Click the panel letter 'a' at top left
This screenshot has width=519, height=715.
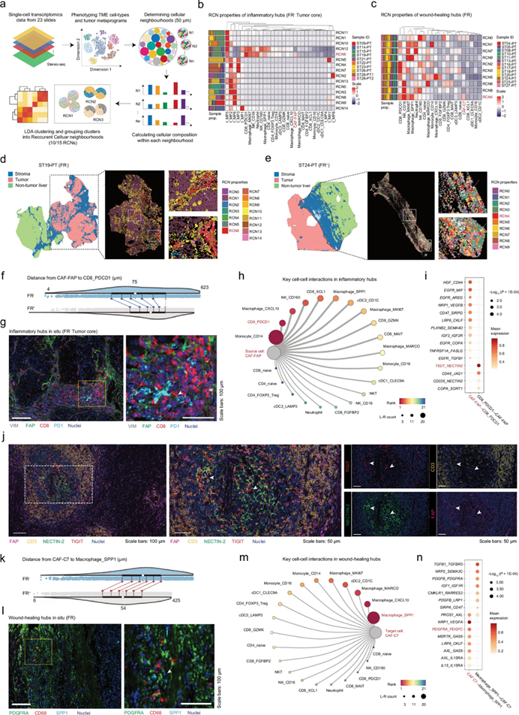pyautogui.click(x=4, y=6)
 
